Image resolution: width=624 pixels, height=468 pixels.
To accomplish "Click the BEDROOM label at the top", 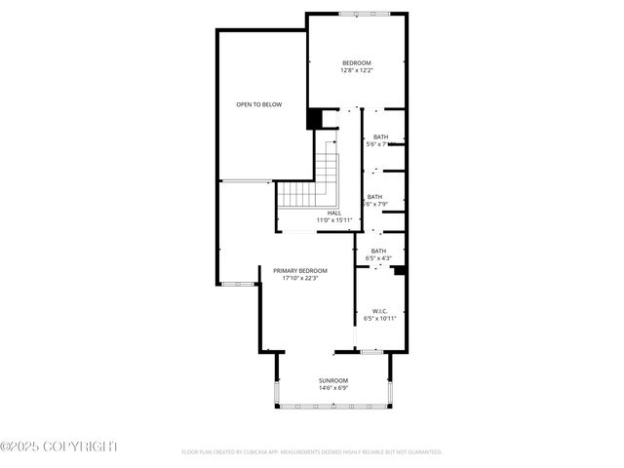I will [356, 62].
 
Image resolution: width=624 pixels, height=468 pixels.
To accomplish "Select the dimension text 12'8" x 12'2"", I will [356, 70].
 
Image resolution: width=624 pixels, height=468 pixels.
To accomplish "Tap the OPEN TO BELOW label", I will [258, 104].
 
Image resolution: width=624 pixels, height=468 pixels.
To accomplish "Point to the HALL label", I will [333, 213].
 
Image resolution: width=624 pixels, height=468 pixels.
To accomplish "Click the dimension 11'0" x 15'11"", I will [333, 220].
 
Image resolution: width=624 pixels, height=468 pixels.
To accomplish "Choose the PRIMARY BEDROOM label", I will [299, 270].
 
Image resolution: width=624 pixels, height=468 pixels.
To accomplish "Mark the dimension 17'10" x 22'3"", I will [299, 278].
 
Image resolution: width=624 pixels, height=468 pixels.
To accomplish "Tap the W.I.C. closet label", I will [379, 311].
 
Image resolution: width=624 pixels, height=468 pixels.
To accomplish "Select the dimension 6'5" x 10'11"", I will [379, 319].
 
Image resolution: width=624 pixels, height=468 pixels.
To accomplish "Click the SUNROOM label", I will [332, 380].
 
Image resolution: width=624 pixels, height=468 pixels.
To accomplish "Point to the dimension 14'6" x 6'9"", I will [332, 388].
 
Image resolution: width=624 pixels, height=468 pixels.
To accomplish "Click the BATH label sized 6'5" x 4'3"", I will [378, 251].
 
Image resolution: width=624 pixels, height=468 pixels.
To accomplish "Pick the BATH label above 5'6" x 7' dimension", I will [380, 136].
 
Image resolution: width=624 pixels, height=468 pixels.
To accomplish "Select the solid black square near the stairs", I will [314, 119].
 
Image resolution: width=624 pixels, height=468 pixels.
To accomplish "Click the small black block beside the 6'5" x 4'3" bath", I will [399, 271].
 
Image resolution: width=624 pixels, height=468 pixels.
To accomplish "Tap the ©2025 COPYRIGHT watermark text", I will [58, 446].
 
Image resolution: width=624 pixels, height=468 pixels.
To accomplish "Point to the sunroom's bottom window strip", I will [332, 406].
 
